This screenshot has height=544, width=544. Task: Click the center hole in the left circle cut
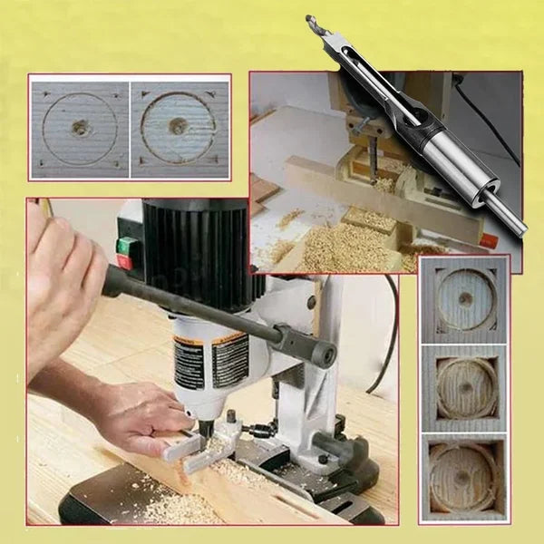click(80, 128)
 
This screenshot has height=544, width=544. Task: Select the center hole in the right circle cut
click(178, 126)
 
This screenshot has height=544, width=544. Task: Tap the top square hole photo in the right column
click(464, 299)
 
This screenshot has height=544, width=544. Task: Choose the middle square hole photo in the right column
click(464, 388)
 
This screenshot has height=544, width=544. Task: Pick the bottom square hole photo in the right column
click(464, 477)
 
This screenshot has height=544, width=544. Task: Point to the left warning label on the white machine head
click(189, 363)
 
